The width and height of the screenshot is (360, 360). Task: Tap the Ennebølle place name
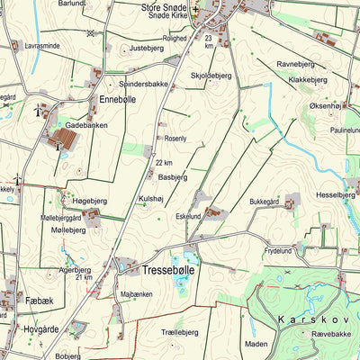[118, 100]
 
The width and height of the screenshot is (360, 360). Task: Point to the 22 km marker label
[163, 163]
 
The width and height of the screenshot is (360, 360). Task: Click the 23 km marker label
[209, 42]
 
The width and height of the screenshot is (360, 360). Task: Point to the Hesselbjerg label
[336, 194]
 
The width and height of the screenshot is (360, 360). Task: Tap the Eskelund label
[188, 216]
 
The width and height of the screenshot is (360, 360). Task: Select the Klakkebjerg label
[308, 79]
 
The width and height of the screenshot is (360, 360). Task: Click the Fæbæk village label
[40, 300]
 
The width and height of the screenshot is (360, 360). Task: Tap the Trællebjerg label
[179, 332]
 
